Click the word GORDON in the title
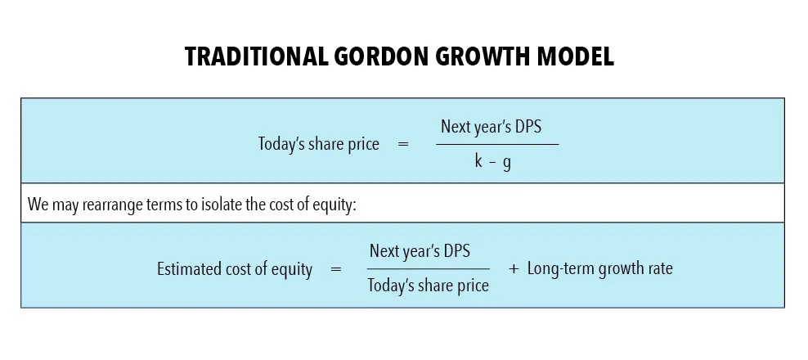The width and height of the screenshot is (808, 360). pyautogui.click(x=366, y=58)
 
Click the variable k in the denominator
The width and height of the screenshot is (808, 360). pyautogui.click(x=478, y=161)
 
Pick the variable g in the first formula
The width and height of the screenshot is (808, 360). pyautogui.click(x=507, y=163)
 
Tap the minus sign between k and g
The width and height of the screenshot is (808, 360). pyautogui.click(x=492, y=162)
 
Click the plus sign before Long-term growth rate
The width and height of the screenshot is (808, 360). pyautogui.click(x=514, y=268)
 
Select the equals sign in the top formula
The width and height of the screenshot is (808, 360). pyautogui.click(x=402, y=145)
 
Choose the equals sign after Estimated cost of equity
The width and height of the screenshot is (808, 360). pyautogui.click(x=335, y=269)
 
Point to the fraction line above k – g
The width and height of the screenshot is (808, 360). pyautogui.click(x=496, y=145)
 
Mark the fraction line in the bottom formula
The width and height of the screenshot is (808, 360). pyautogui.click(x=428, y=268)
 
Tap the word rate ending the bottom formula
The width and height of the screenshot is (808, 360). pyautogui.click(x=659, y=268)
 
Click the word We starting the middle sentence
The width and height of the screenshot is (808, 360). pyautogui.click(x=38, y=204)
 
